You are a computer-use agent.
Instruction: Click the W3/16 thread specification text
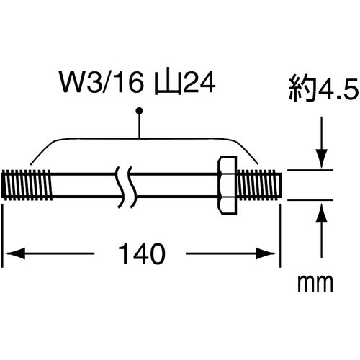point(102,83)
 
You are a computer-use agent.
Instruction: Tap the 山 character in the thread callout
point(168,83)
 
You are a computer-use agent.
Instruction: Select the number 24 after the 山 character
point(199,83)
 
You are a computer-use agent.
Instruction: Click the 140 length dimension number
point(142,253)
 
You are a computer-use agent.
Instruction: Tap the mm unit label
point(315,284)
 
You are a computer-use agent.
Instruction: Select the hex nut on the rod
point(227,185)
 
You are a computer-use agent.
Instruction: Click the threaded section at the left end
point(27,185)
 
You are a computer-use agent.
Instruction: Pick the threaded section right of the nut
point(259,185)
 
